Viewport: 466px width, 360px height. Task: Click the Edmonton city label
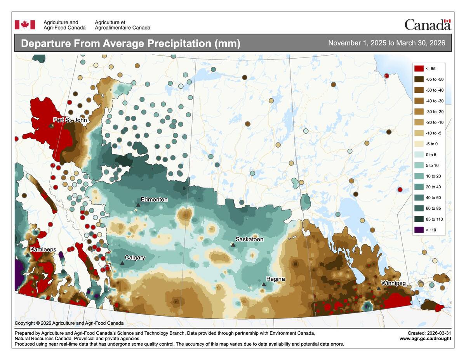154,199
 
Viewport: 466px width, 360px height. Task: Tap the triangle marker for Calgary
122,263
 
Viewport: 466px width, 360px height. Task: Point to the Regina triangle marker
264,284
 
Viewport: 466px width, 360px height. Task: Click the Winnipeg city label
393,283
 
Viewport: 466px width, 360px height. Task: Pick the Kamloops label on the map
43,249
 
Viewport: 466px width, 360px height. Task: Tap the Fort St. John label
70,120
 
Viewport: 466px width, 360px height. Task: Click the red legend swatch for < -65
419,68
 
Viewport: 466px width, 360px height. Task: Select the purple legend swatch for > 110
419,230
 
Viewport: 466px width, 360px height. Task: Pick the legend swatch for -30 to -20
419,111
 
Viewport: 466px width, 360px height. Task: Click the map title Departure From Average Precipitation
130,43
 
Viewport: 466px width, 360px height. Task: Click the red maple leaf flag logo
25,25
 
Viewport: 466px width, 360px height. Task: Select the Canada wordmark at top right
427,25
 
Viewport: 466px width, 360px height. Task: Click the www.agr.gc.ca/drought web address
425,339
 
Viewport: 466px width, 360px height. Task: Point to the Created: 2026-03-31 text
429,333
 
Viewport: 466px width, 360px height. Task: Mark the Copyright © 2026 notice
69,323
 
